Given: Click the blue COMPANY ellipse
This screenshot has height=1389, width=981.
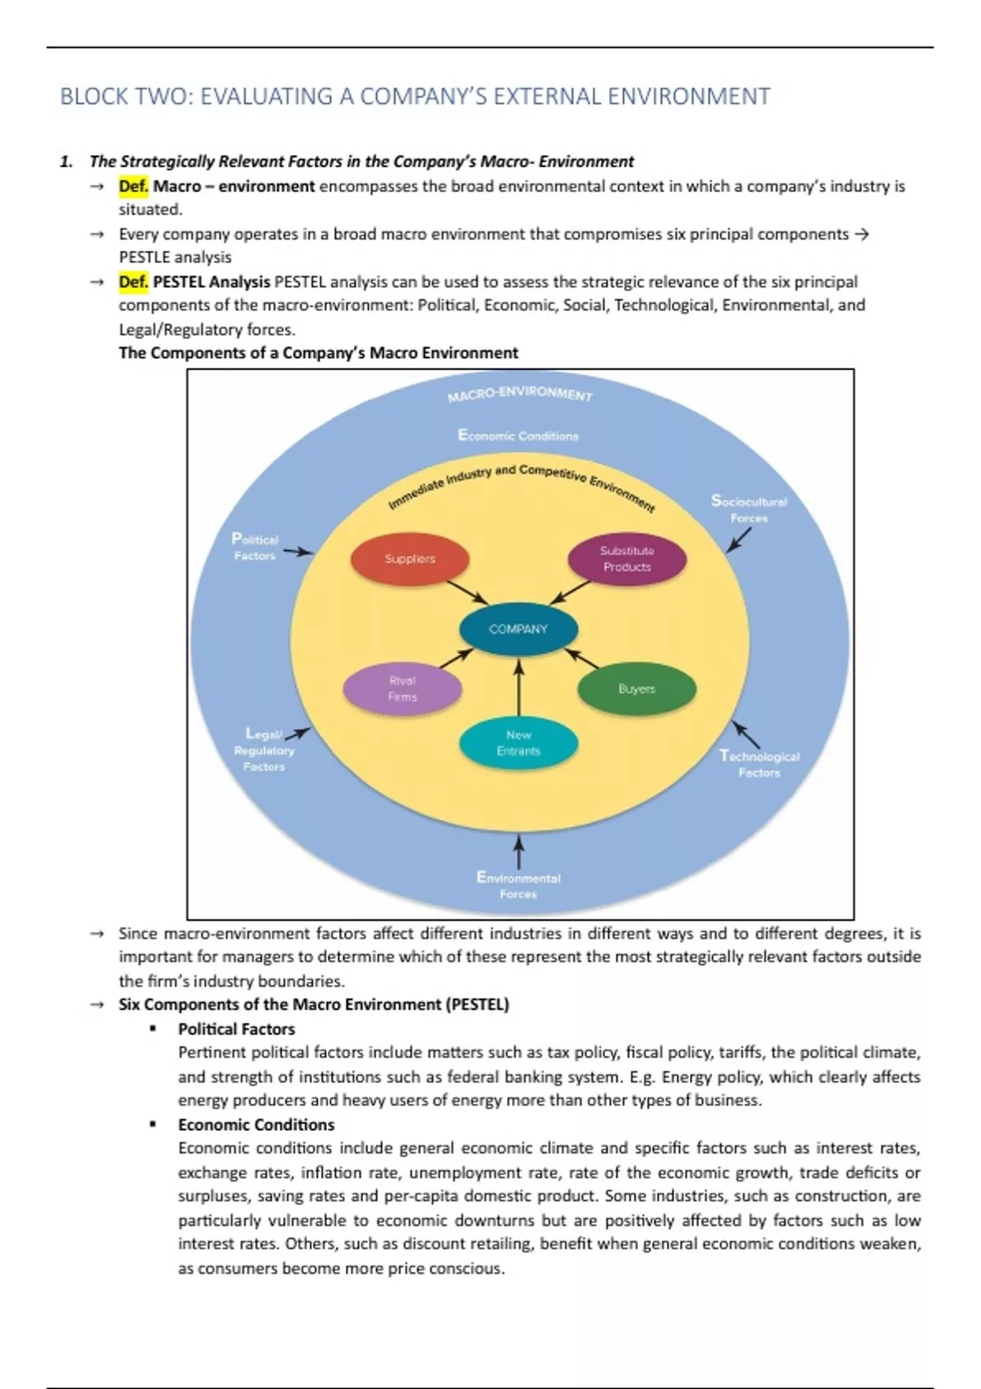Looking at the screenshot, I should [x=518, y=629].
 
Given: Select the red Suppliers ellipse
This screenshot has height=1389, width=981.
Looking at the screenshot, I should [x=410, y=559].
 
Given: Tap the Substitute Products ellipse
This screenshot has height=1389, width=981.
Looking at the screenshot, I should [x=627, y=559].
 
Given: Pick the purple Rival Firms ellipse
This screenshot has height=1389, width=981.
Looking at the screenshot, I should [x=402, y=689].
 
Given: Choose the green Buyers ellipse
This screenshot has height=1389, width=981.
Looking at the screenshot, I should [x=637, y=689].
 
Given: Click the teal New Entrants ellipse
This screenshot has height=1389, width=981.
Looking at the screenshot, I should [x=518, y=743].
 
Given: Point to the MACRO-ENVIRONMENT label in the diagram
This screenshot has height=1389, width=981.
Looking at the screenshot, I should [x=520, y=395].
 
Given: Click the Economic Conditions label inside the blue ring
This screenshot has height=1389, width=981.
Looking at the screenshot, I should [x=518, y=435].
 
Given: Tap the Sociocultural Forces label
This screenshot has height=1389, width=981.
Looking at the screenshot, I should [x=749, y=509].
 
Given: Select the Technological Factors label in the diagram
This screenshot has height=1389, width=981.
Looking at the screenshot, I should [x=759, y=764].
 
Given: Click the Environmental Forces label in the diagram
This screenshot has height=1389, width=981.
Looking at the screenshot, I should [x=518, y=886].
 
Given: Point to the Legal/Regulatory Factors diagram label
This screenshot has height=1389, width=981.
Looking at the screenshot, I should [x=264, y=750].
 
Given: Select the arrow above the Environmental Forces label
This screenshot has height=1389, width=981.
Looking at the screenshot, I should [x=518, y=851].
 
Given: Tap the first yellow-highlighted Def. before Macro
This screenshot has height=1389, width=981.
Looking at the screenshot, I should [x=133, y=186].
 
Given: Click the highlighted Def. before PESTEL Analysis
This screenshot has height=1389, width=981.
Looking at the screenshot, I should [x=133, y=282].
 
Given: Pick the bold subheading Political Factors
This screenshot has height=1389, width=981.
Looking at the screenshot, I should [x=236, y=1029].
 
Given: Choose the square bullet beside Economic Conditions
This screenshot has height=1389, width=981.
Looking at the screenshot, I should [x=152, y=1124].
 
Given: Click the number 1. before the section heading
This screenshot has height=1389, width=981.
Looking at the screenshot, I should [x=67, y=162].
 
